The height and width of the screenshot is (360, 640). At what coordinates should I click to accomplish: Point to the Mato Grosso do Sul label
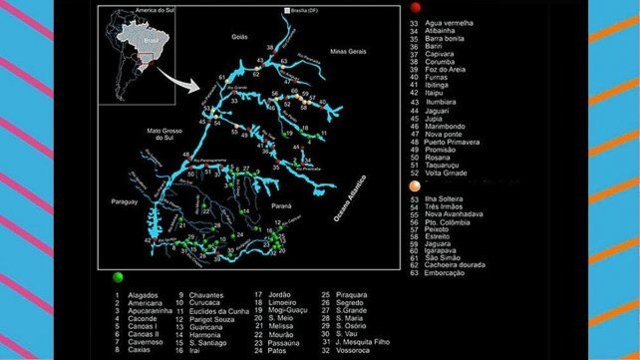coord(156,136)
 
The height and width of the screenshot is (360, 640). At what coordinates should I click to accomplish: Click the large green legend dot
coord(119,277)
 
